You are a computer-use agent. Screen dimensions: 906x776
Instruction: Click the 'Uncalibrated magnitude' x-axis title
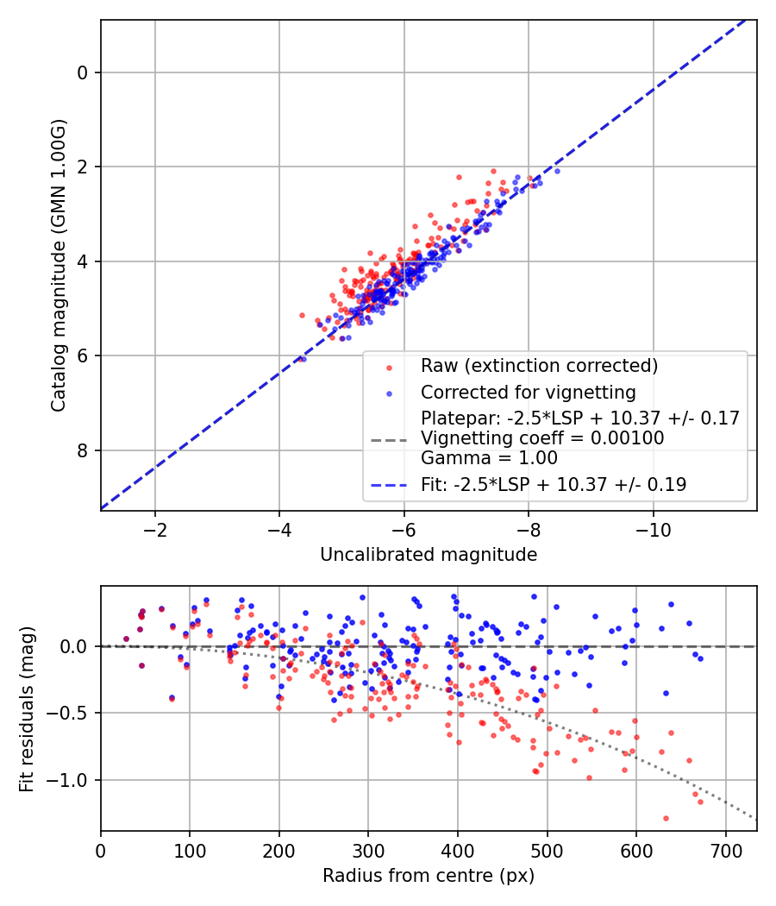pos(429,555)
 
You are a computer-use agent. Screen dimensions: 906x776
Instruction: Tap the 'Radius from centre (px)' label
pos(429,876)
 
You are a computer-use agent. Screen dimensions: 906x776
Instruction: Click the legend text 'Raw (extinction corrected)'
pos(539,366)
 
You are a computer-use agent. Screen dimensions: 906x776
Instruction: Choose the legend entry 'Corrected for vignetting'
pos(528,393)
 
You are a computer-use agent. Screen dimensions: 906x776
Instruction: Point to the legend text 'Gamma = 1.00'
pos(489,458)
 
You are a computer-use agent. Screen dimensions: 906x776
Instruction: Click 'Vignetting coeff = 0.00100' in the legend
pos(542,438)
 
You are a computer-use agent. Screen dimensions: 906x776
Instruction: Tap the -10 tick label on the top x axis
pos(653,528)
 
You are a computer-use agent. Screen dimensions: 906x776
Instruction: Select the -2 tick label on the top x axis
pos(155,528)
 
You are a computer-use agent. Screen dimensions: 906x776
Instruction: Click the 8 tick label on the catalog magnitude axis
pos(83,450)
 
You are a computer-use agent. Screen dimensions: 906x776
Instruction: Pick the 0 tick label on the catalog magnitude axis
pos(83,72)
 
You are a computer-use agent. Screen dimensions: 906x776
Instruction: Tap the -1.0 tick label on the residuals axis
pos(72,780)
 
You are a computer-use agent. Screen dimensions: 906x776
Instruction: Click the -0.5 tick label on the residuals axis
pos(72,714)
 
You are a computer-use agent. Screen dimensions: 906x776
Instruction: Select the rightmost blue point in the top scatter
pos(557,171)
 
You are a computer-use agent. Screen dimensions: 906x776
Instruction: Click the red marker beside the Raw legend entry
pos(389,367)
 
